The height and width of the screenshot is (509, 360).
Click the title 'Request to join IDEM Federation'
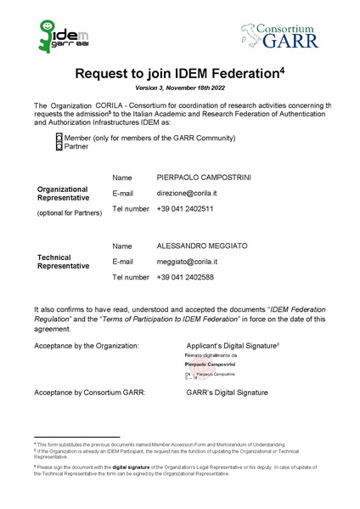[179, 75]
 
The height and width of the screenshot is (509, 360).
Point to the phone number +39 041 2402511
[185, 208]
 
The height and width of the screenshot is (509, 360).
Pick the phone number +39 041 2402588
[185, 277]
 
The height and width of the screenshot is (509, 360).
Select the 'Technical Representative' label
[63, 261]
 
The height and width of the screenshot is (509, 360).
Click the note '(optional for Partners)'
[69, 212]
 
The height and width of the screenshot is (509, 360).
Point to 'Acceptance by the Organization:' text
[87, 347]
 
